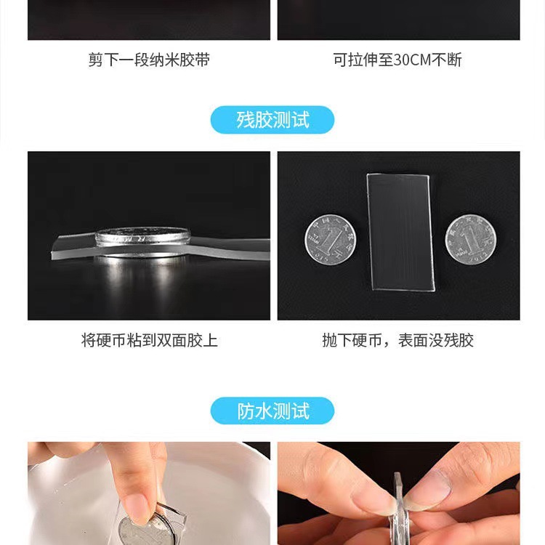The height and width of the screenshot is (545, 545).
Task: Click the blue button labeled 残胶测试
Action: [272, 120]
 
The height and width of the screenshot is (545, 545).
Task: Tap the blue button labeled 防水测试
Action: [272, 411]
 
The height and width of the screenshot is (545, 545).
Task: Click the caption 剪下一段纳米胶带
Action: [149, 60]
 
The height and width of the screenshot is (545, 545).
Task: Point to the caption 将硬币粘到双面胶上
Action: [149, 340]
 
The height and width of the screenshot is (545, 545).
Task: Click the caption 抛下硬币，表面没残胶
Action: [397, 340]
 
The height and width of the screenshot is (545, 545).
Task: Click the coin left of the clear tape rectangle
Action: [330, 239]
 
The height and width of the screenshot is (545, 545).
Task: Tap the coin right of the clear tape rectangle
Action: [469, 238]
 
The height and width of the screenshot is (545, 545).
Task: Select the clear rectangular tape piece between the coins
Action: [400, 231]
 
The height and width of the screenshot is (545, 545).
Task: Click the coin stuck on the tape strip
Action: [142, 236]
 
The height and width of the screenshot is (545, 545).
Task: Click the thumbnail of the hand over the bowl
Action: [149, 493]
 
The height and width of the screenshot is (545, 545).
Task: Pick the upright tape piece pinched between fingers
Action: [398, 501]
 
